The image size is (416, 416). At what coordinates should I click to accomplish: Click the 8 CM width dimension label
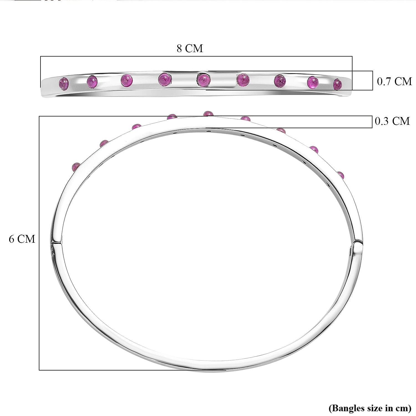tap(190, 48)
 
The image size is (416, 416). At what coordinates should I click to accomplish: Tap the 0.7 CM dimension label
tap(394, 81)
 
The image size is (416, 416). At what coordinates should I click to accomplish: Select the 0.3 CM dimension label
tap(392, 121)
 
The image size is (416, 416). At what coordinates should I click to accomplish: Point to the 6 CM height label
tap(22, 239)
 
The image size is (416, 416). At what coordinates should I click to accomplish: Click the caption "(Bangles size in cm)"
tap(370, 408)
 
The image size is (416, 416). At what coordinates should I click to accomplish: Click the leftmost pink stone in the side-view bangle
tap(64, 83)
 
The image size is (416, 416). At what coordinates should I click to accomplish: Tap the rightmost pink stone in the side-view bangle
tap(337, 84)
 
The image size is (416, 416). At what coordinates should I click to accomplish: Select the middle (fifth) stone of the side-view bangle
tap(204, 80)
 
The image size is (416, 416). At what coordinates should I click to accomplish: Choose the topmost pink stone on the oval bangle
tap(208, 113)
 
